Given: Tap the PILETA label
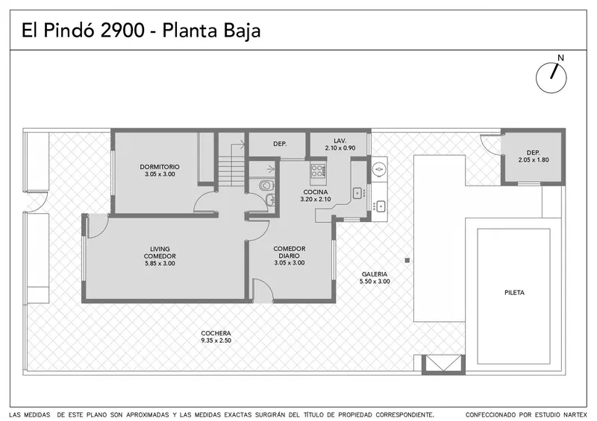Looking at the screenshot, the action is click(514, 292).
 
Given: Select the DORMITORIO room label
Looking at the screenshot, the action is click(160, 167).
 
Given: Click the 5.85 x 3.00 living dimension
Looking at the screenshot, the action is click(160, 263).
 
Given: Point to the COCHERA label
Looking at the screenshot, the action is click(216, 333).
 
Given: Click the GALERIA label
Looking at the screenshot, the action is click(375, 274).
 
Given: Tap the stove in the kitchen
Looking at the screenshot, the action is click(318, 171).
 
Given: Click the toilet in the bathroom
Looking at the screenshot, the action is click(266, 186).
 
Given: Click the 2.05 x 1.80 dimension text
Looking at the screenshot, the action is click(534, 160).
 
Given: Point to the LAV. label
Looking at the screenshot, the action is click(340, 141).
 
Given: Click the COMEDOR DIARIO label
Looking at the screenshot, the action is click(290, 252).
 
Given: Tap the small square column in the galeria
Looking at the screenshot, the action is click(407, 261).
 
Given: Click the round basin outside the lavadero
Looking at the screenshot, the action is click(379, 169).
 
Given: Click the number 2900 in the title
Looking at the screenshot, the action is click(122, 31).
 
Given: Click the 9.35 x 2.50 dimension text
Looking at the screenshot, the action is click(216, 341).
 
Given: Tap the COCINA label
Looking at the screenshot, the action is click(315, 192).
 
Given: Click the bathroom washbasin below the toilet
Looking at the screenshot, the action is click(270, 199).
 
